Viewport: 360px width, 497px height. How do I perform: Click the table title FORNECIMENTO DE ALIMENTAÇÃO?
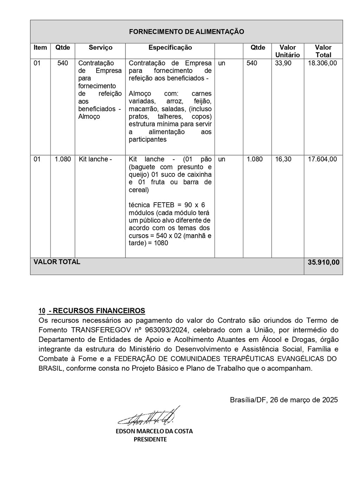[186, 32]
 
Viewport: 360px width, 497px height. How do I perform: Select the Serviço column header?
[101, 47]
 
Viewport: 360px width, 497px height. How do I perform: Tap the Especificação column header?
[170, 47]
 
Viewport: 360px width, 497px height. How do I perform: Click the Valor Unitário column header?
[287, 51]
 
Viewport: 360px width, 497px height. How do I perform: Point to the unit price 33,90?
[283, 63]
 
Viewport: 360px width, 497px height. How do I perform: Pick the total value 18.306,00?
[322, 63]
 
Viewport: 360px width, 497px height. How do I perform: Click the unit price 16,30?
[283, 159]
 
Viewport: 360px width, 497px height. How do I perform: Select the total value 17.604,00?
[322, 159]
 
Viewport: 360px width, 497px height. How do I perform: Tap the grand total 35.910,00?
[323, 262]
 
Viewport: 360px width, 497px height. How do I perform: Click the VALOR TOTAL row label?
[57, 262]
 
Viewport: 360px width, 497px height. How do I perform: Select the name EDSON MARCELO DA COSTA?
[154, 431]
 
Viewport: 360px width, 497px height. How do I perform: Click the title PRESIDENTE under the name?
[150, 439]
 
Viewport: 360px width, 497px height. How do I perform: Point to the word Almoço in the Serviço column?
[89, 117]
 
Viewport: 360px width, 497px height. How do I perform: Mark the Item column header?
[40, 47]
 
